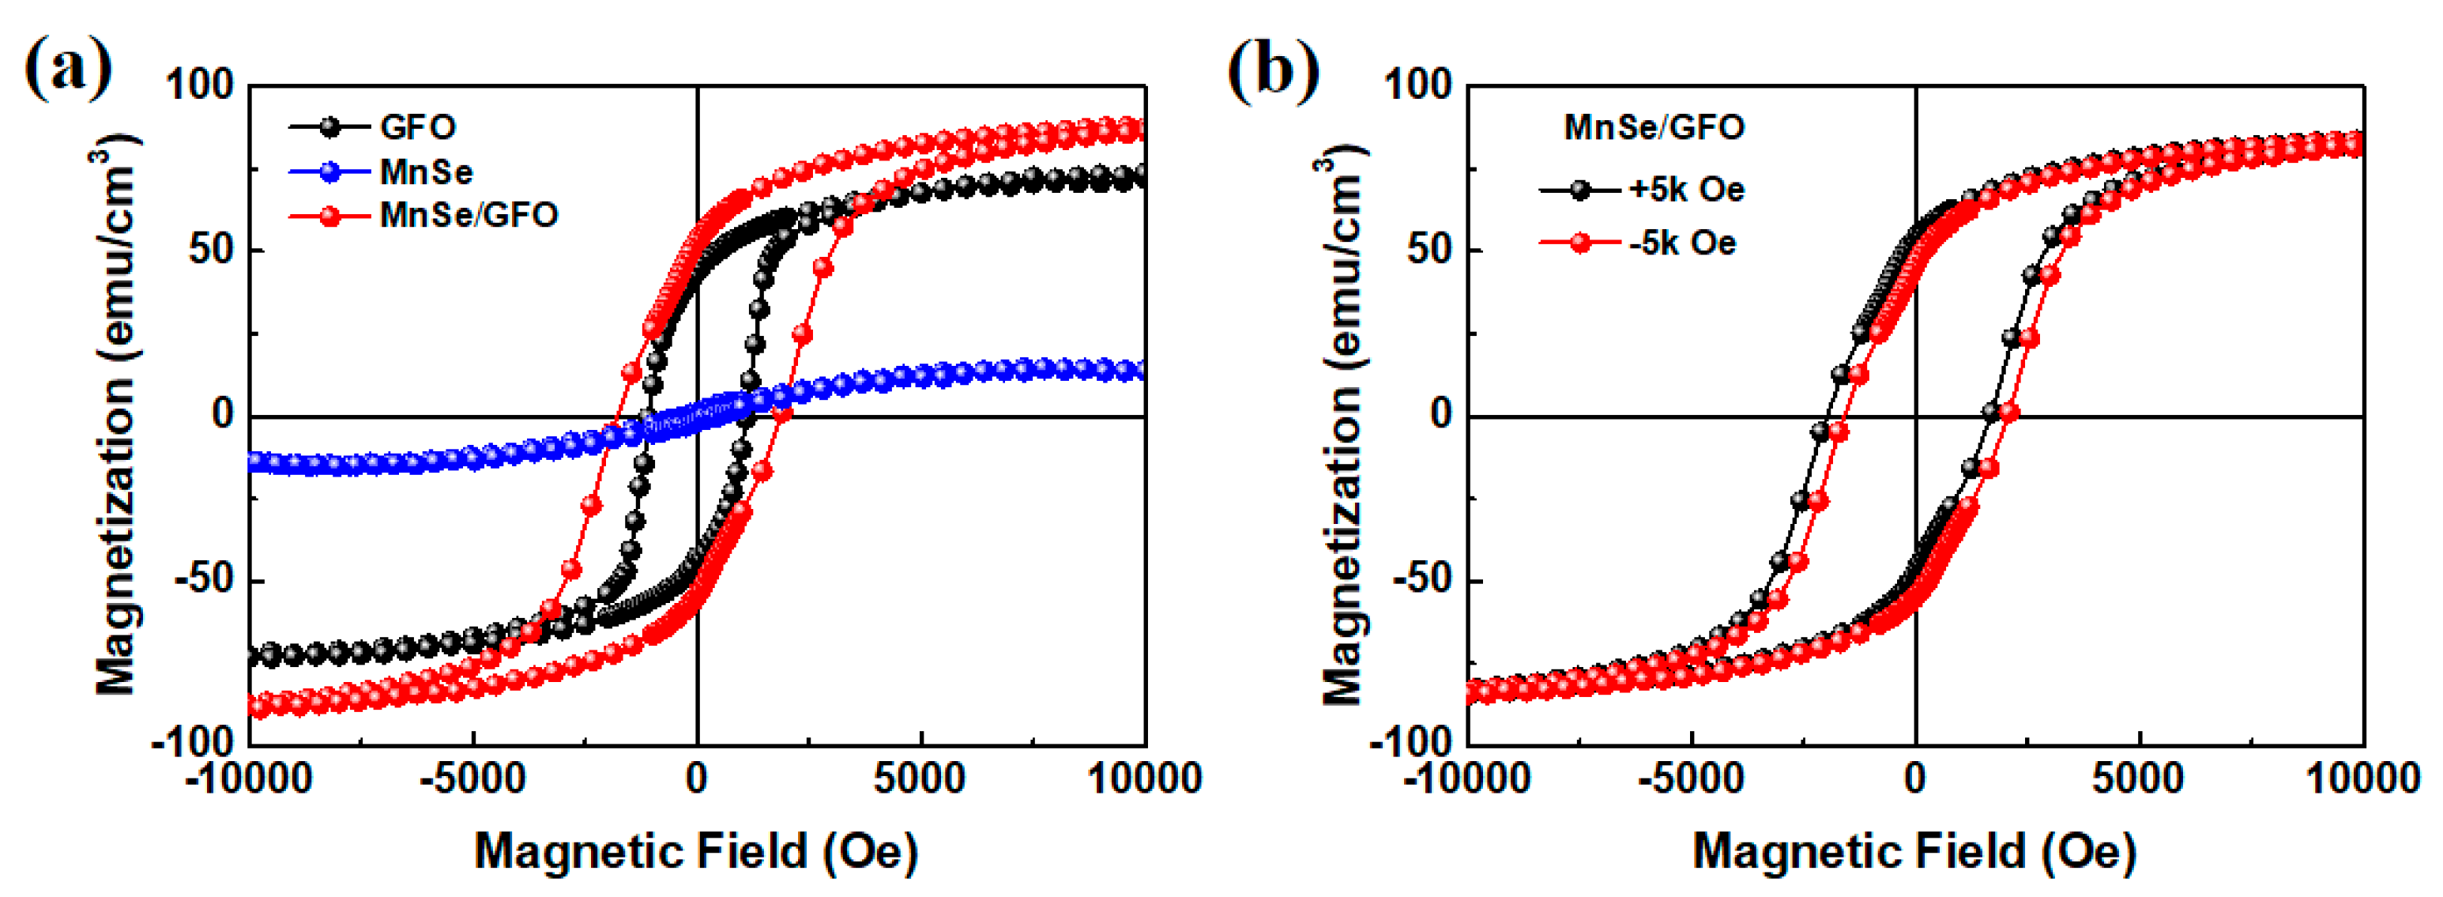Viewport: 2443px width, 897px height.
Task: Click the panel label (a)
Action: pos(67,68)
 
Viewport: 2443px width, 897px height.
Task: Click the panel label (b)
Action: pos(1273,68)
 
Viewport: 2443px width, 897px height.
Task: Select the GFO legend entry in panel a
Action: pos(417,127)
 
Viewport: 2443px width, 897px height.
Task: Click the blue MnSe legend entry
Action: pos(425,171)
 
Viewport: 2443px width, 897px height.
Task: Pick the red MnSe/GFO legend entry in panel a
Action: pos(469,215)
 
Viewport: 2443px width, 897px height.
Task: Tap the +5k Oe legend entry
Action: pos(1686,190)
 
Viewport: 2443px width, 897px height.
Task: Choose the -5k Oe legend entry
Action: pos(1682,243)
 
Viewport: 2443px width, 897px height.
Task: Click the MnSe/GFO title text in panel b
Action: pos(1654,127)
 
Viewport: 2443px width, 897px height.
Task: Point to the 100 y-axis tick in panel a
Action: pos(199,85)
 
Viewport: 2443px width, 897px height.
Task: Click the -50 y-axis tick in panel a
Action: pos(203,579)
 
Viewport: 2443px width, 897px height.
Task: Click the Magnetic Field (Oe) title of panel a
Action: pos(696,850)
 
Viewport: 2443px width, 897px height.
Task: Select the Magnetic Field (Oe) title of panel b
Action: pos(1914,850)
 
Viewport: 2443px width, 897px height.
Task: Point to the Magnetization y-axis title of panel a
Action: pos(118,417)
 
